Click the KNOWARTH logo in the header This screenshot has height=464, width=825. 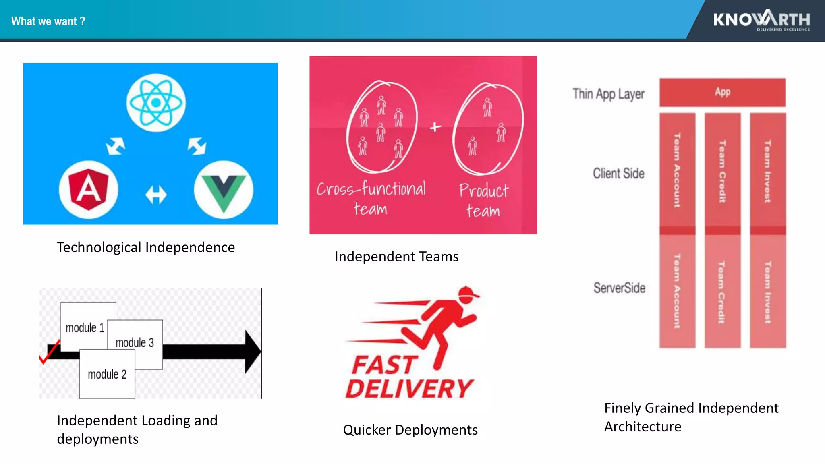point(761,20)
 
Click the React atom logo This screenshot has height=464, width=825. point(156,102)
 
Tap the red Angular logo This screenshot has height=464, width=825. point(89,189)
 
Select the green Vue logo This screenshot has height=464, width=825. point(224,189)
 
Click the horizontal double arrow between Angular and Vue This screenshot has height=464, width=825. point(156,195)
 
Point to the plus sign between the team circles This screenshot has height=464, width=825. point(435,127)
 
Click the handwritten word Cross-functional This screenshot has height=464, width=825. point(371,188)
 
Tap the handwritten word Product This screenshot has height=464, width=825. point(484,191)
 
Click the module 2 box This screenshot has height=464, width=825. point(107,375)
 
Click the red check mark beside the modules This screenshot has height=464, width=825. point(49,353)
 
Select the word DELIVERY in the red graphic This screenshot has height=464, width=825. point(409,389)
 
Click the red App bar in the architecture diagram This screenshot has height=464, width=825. point(722,92)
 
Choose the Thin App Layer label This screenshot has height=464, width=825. point(608,94)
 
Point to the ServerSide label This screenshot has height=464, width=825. point(619,288)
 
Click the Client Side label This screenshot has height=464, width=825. point(618,174)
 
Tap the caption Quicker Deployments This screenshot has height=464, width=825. point(410,430)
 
